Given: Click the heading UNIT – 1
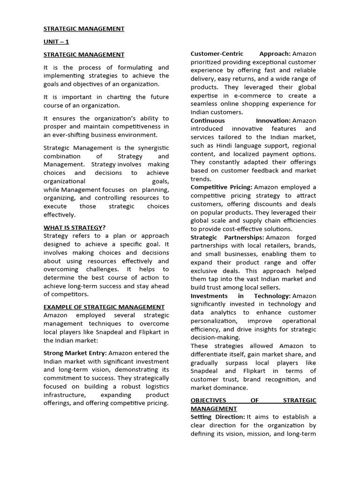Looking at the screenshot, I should coord(56,42).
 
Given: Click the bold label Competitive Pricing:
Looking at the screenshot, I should coord(221,187).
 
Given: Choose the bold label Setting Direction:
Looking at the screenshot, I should coord(218,417).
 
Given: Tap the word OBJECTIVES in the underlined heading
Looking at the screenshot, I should coord(208,400).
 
